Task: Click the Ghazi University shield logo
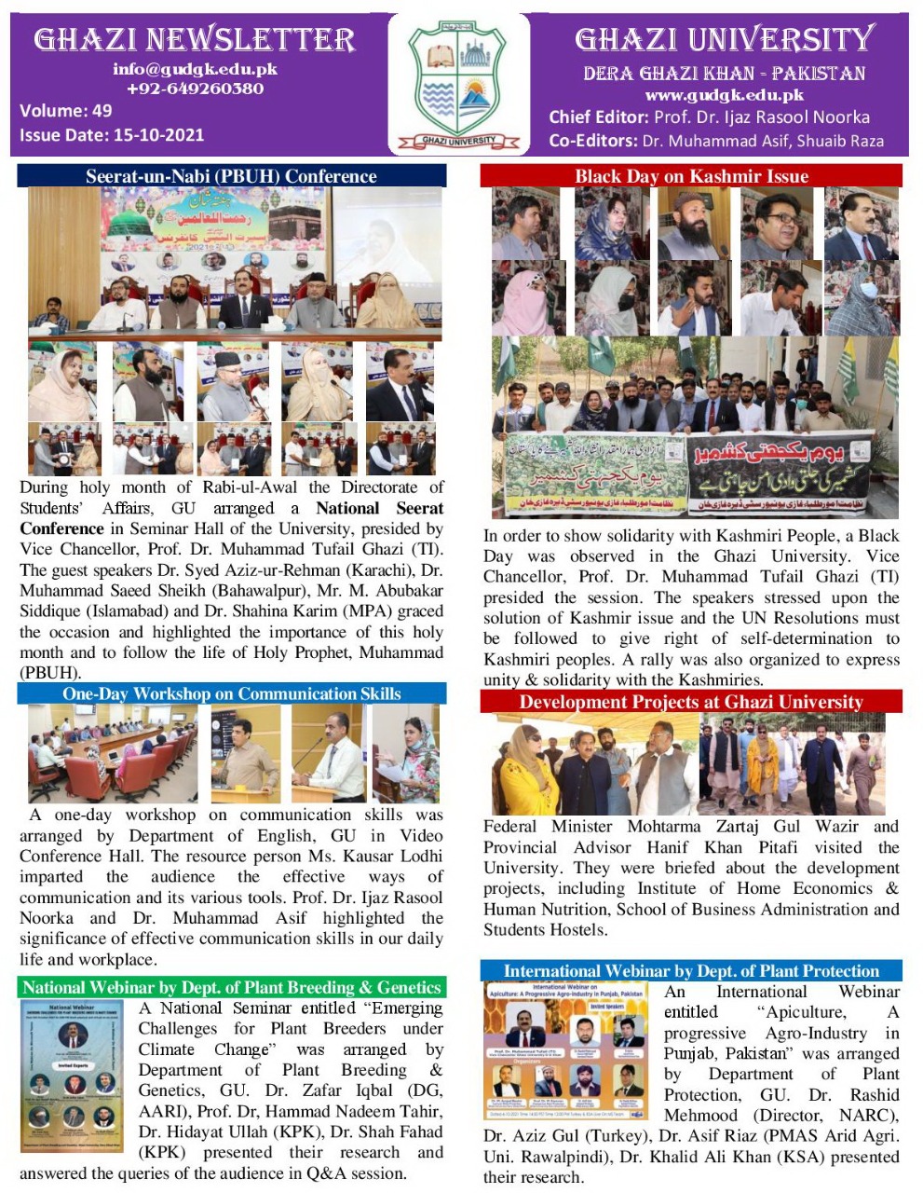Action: point(458,84)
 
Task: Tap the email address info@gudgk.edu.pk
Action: point(195,69)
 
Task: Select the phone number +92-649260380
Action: point(195,89)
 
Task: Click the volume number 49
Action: point(102,110)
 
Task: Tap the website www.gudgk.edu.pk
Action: point(724,95)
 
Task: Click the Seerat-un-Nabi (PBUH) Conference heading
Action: point(231,176)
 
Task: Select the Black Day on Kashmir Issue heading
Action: point(691,176)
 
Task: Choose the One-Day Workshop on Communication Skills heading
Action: point(231,693)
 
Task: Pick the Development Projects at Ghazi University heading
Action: point(691,702)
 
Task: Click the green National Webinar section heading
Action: point(231,987)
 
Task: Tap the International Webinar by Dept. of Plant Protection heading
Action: point(691,970)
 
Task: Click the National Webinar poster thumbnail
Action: point(73,1076)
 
